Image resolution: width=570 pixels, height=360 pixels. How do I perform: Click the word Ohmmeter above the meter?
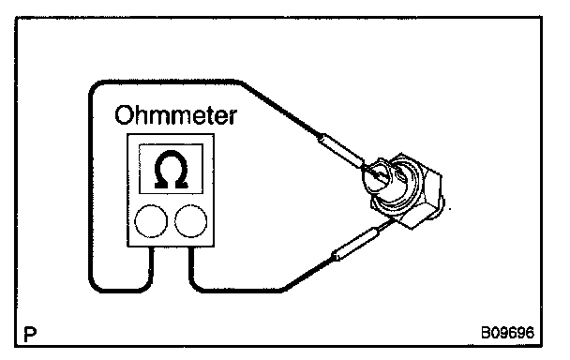click(x=176, y=115)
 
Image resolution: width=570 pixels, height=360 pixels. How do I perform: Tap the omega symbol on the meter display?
click(x=171, y=170)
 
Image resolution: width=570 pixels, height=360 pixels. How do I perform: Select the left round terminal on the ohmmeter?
click(x=151, y=221)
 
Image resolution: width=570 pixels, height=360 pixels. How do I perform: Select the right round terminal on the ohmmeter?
click(x=191, y=221)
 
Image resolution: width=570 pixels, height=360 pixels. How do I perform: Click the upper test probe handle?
click(x=340, y=149)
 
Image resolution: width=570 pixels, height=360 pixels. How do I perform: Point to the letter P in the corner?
click(x=30, y=335)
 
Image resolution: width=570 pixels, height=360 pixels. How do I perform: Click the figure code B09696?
click(x=507, y=333)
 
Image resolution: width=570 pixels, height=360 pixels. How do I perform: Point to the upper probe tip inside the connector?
click(x=375, y=174)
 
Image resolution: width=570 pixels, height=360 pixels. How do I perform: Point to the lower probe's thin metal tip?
click(x=386, y=225)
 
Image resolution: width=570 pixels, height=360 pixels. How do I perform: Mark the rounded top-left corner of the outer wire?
click(x=96, y=86)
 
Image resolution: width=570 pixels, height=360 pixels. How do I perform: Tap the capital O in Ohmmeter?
click(x=123, y=115)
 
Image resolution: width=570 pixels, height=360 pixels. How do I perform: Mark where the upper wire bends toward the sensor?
click(x=243, y=83)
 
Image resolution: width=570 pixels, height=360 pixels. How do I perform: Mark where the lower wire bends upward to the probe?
click(x=285, y=289)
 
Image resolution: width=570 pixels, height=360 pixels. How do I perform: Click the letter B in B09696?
click(x=486, y=333)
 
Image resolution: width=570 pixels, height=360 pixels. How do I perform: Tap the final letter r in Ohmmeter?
click(x=232, y=118)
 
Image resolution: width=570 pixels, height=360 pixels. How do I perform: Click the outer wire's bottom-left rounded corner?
click(x=96, y=285)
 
